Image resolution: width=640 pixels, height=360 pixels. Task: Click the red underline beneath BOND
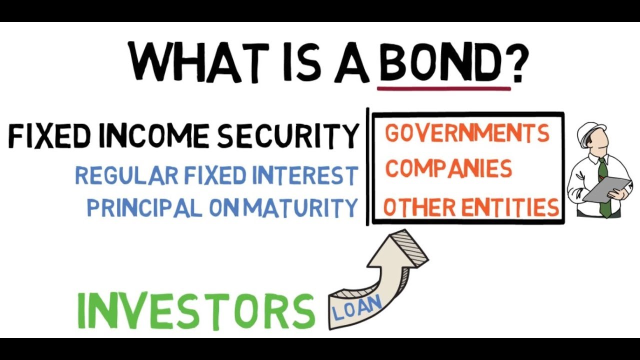click(x=444, y=89)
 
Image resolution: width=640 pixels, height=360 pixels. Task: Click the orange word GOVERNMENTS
click(x=467, y=134)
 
